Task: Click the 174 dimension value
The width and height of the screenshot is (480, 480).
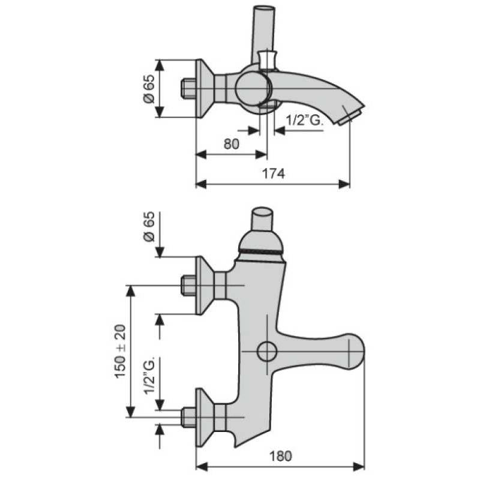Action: pos(274,173)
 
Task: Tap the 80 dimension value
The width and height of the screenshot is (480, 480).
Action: pos(232,144)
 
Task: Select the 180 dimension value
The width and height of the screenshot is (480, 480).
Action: pos(280,457)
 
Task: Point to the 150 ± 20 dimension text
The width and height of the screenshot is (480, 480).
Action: pos(121,352)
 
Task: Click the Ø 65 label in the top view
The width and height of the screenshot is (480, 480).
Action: pos(149,88)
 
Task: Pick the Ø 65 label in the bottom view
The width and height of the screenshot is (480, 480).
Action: pos(149,227)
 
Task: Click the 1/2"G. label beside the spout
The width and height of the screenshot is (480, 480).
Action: pos(305,121)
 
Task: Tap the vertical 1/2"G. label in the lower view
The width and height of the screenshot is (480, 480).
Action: pos(150,375)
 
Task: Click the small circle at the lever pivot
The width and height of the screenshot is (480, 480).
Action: pos(267,351)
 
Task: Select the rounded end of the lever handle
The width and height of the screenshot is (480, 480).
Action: pos(356,350)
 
